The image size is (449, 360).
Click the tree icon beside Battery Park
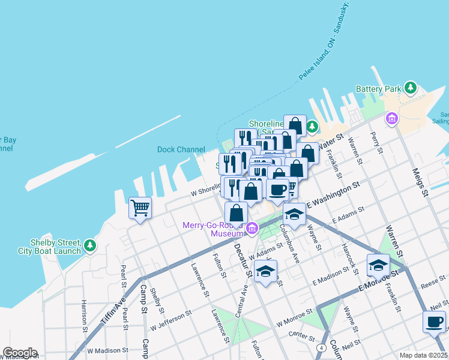click(411, 88)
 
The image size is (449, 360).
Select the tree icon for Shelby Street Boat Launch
click(89, 245)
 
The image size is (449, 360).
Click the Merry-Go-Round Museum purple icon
click(252, 227)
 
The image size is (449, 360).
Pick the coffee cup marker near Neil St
click(434, 322)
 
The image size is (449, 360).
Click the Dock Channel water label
click(181, 149)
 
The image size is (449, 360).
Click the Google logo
click(19, 353)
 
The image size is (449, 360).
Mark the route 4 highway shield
click(322, 347)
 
